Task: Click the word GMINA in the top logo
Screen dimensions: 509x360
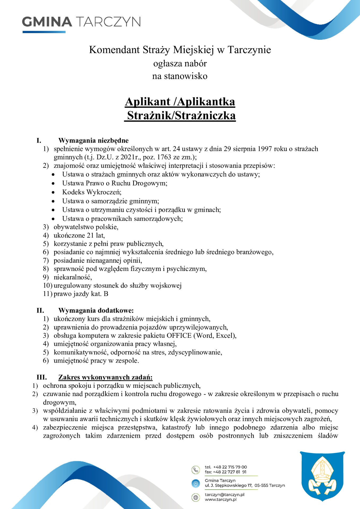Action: pyautogui.click(x=47, y=22)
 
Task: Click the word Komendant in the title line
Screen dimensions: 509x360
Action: pyautogui.click(x=114, y=50)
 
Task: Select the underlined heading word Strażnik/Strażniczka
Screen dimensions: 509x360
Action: pyautogui.click(x=181, y=116)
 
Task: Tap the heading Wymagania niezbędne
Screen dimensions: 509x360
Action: pyautogui.click(x=93, y=140)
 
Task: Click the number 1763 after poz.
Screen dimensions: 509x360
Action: pyautogui.click(x=164, y=157)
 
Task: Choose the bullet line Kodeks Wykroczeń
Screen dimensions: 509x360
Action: pyautogui.click(x=92, y=192)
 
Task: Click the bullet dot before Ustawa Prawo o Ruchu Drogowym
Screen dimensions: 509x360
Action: pyautogui.click(x=53, y=183)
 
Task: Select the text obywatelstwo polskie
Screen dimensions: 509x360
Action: pyautogui.click(x=86, y=227)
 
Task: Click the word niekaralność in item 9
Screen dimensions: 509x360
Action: pyautogui.click(x=72, y=277)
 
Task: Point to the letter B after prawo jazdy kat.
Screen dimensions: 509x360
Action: pyautogui.click(x=106, y=294)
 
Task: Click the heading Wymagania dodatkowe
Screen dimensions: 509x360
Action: pyautogui.click(x=96, y=310)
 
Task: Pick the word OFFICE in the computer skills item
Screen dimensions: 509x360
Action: pyautogui.click(x=179, y=335)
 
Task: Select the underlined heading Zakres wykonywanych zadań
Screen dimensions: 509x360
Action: pyautogui.click(x=105, y=377)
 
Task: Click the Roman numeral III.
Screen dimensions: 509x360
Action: pyautogui.click(x=42, y=377)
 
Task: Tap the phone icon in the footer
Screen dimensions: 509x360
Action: pyautogui.click(x=196, y=470)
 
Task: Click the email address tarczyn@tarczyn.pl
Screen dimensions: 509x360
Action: pyautogui.click(x=224, y=494)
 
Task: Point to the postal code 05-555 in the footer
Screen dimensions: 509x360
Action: pyautogui.click(x=261, y=485)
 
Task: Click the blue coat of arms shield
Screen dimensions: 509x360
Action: pyautogui.click(x=322, y=476)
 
